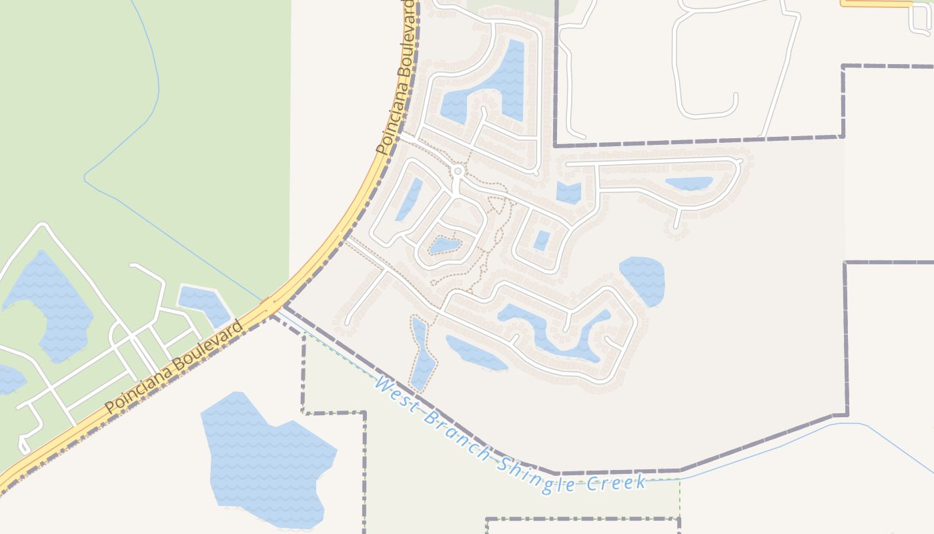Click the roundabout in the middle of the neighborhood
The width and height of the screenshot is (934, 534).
pos(458,172)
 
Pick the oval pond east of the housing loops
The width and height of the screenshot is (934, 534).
pos(642,279)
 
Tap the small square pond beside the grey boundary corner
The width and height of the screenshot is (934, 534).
pos(568,193)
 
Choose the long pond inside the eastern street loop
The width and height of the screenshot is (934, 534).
pos(688,183)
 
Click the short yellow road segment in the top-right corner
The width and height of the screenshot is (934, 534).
pos(875,3)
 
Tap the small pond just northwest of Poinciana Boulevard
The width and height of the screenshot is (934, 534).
pos(205,304)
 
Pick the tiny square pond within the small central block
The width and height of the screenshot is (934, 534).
pos(542,240)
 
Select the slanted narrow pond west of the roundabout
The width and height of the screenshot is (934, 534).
pos(408,199)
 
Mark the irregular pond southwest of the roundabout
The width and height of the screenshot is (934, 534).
pos(446,245)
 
